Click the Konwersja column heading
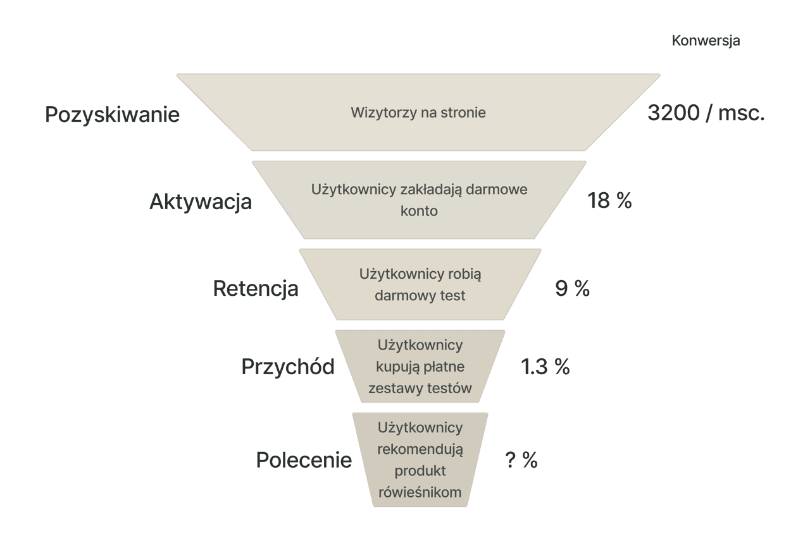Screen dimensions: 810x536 point(706,41)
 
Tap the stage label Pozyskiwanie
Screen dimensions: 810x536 point(113,115)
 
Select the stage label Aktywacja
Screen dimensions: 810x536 point(201,202)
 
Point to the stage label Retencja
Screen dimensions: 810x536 point(255,289)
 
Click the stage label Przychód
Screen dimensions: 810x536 point(288,367)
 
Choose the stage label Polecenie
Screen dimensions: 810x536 point(304,460)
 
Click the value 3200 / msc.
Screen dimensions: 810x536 point(706,114)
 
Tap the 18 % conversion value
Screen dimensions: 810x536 point(609,201)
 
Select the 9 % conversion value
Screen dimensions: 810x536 point(572,289)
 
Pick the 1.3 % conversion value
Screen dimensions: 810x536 point(545,367)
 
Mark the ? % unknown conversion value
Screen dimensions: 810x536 point(521,460)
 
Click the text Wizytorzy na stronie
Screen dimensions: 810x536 point(418,113)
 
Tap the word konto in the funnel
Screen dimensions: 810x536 point(419,211)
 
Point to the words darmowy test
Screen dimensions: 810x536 point(420,296)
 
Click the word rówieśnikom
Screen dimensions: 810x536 point(420,492)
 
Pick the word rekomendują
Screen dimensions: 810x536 point(420,449)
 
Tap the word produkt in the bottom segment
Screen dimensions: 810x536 point(420,471)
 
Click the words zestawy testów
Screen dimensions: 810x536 point(420,388)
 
